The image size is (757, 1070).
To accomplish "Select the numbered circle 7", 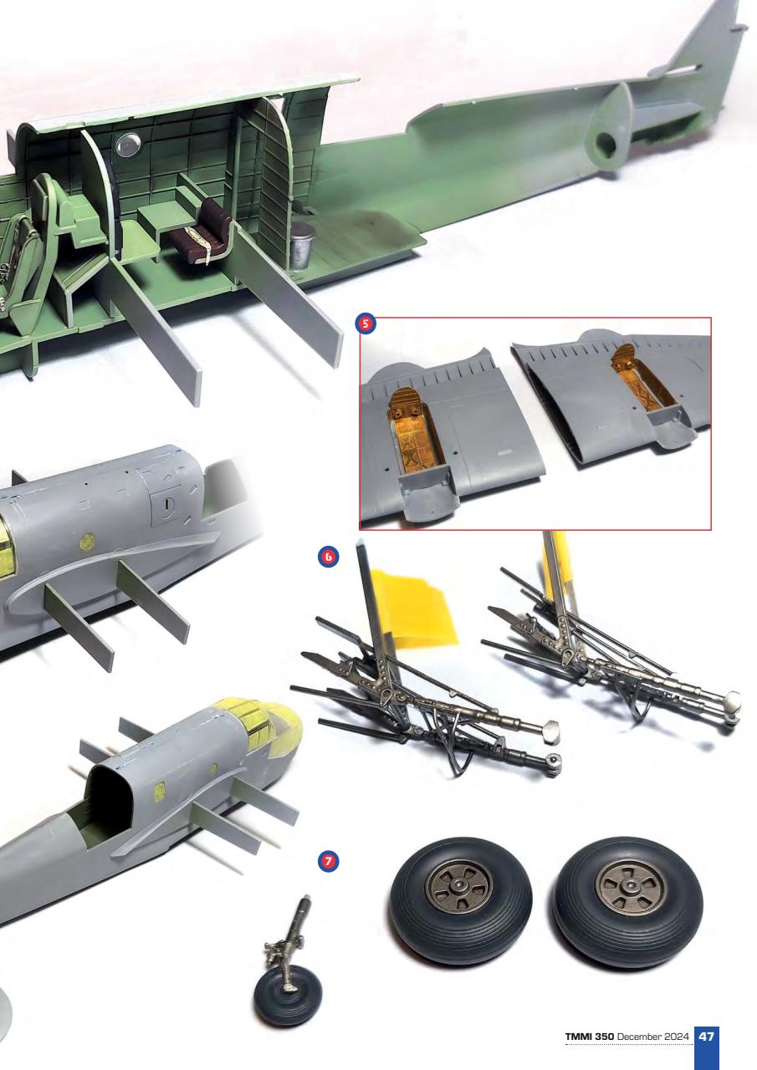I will click(x=330, y=859).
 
